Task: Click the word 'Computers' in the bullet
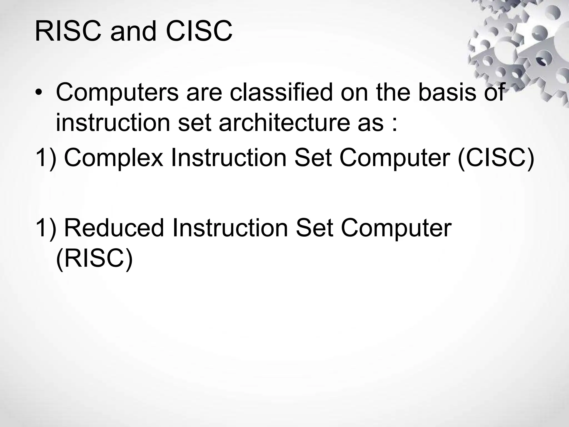click(x=117, y=93)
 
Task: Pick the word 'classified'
click(x=281, y=93)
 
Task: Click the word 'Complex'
click(x=113, y=158)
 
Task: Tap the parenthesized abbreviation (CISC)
click(x=495, y=158)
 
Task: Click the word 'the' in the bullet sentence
click(x=393, y=93)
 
